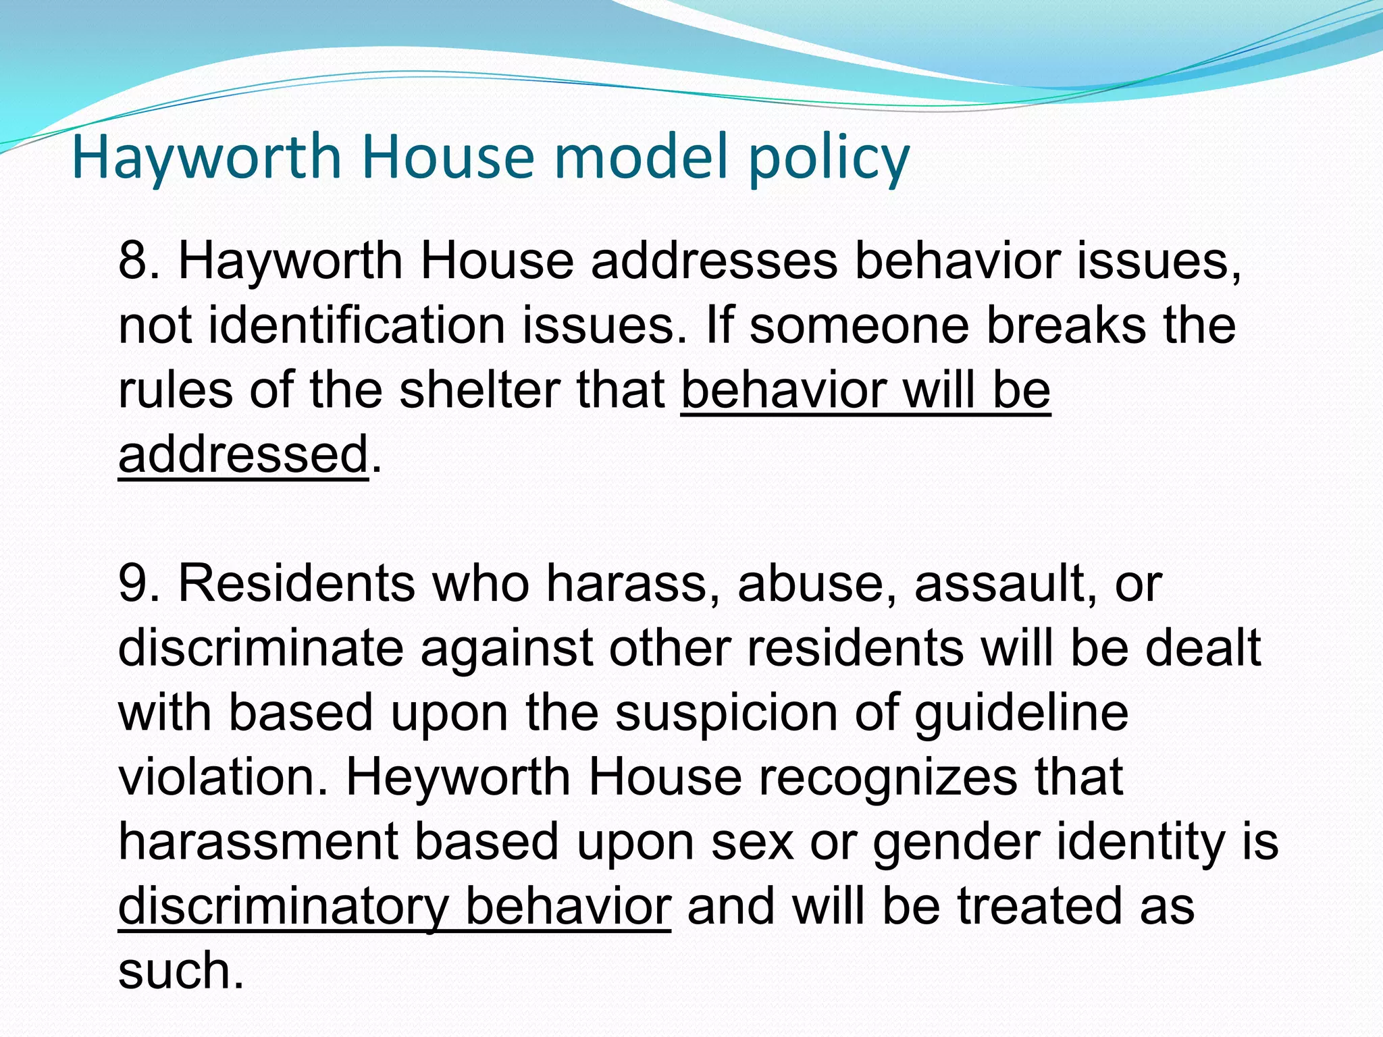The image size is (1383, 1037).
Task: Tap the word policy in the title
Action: [x=829, y=159]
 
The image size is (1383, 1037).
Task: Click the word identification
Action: [x=357, y=325]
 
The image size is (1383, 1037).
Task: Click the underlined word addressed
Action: [x=243, y=454]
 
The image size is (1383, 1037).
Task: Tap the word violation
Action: [x=226, y=778]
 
